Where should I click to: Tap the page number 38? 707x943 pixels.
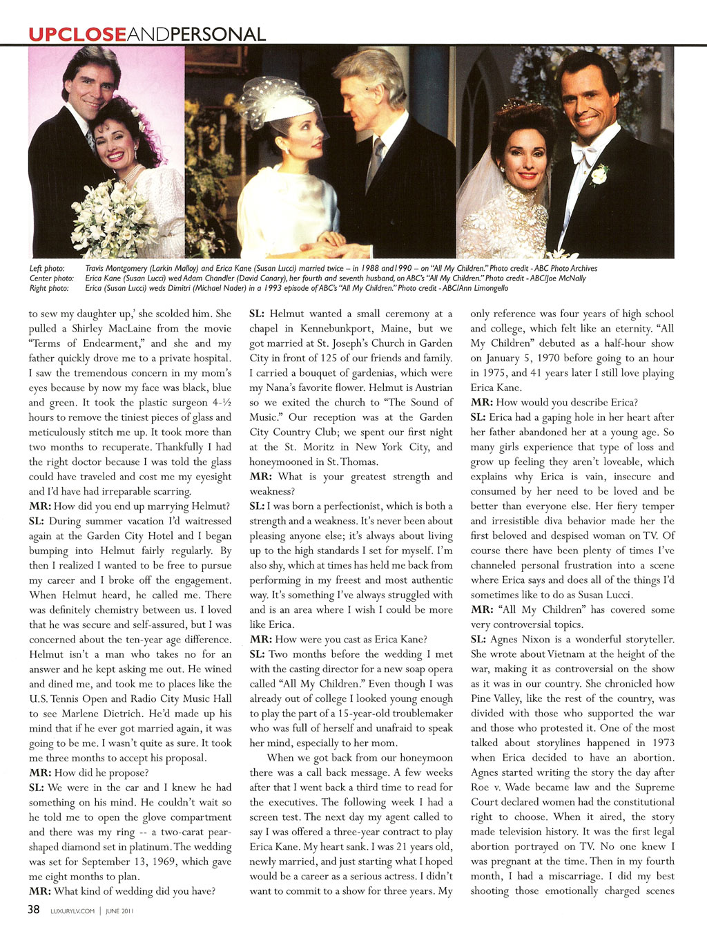(34, 910)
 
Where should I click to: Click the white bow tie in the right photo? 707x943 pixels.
(582, 153)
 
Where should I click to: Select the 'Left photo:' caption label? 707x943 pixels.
(47, 268)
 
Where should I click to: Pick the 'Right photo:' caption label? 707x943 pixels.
(48, 288)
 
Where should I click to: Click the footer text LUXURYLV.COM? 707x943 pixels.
(72, 911)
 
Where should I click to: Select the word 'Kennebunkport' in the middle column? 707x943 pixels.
(366, 329)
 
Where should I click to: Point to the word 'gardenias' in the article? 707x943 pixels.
(362, 373)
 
